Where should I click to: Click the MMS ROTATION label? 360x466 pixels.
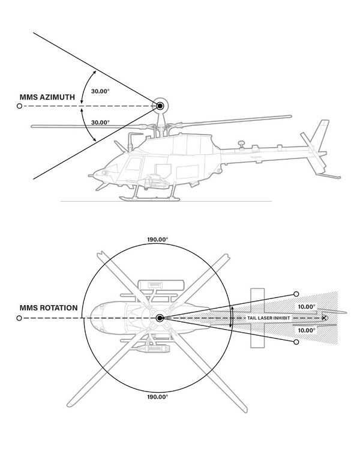(48, 308)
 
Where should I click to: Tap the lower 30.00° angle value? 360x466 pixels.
(100, 123)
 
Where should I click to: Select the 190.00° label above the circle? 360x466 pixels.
(157, 238)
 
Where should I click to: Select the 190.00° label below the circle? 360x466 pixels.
(157, 396)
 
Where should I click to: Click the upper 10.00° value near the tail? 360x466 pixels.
(306, 306)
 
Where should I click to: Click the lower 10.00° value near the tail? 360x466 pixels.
(306, 330)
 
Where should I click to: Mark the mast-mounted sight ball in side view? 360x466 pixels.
(160, 106)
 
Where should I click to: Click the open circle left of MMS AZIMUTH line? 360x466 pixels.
(20, 106)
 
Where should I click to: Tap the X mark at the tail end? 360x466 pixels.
(325, 318)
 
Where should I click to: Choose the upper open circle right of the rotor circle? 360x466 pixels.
(296, 294)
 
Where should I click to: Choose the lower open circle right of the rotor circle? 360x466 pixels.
(296, 342)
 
